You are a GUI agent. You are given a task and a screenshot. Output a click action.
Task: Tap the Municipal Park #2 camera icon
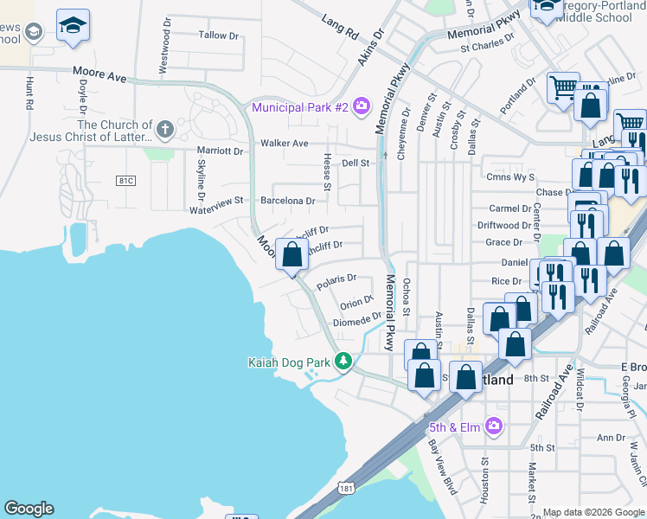coord(361,106)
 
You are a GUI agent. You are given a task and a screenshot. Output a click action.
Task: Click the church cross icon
coord(165,131)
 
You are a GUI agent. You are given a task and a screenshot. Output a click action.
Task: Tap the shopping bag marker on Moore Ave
coord(291,255)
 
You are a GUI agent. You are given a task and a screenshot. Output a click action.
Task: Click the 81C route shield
coord(126,180)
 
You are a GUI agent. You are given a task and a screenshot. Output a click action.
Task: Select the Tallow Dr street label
coord(218,35)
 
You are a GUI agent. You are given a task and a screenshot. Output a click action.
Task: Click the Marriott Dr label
coord(221,151)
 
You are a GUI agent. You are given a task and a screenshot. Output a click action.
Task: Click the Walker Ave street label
coord(285,143)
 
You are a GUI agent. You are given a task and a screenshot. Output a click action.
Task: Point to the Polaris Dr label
coord(336,279)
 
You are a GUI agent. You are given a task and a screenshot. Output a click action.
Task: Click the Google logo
coord(29,509)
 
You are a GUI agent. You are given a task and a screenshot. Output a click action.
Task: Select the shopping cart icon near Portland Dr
coord(562,87)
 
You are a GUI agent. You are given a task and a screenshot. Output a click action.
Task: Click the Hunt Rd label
coord(29,93)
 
